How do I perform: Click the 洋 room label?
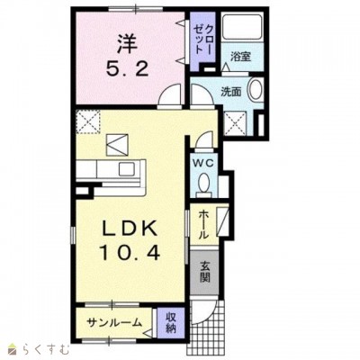click(x=127, y=44)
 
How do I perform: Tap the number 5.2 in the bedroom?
click(x=127, y=70)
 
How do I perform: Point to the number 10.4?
click(x=130, y=253)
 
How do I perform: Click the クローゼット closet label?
click(x=203, y=39)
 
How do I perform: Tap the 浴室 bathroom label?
click(x=240, y=57)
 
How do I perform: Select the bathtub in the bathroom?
click(x=241, y=26)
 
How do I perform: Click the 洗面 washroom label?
click(x=231, y=92)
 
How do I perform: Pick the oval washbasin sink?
click(x=256, y=89)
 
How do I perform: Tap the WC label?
click(x=203, y=163)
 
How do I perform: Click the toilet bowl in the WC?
click(x=204, y=183)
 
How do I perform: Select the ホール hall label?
click(x=203, y=224)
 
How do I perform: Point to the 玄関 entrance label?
click(x=205, y=272)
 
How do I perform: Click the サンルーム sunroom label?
click(x=114, y=322)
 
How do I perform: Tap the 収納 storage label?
click(x=171, y=322)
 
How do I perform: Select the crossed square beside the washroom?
click(x=235, y=123)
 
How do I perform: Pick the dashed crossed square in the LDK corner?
click(x=87, y=121)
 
